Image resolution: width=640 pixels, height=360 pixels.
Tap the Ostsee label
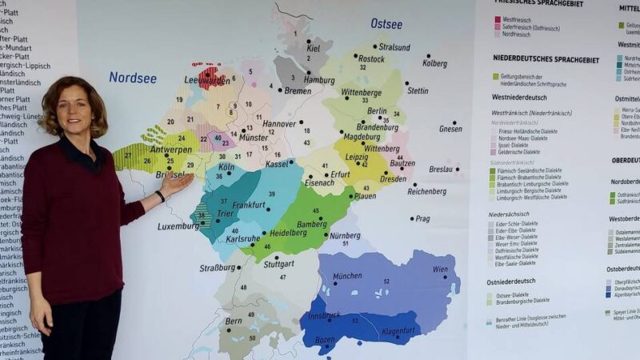(386, 24)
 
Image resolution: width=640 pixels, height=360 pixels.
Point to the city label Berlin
(376, 112)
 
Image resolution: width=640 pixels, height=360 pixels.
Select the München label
(347, 276)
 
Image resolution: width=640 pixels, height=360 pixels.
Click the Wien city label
(440, 270)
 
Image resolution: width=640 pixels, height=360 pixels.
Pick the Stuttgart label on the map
(278, 263)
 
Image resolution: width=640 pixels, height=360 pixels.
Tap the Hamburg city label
(319, 80)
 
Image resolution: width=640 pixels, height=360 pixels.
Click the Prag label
(422, 218)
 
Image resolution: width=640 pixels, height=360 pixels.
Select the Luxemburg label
(178, 226)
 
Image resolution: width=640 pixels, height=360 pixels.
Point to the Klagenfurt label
(398, 330)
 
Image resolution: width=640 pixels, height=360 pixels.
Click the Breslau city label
(442, 170)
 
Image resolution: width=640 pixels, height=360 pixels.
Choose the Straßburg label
(218, 268)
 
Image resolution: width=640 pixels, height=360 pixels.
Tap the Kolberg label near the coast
(434, 63)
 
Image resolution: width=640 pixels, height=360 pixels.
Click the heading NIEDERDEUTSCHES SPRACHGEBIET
(546, 59)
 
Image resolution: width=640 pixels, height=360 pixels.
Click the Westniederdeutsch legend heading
(519, 97)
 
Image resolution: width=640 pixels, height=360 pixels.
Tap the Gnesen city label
(450, 128)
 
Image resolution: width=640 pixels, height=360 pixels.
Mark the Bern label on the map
(234, 321)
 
